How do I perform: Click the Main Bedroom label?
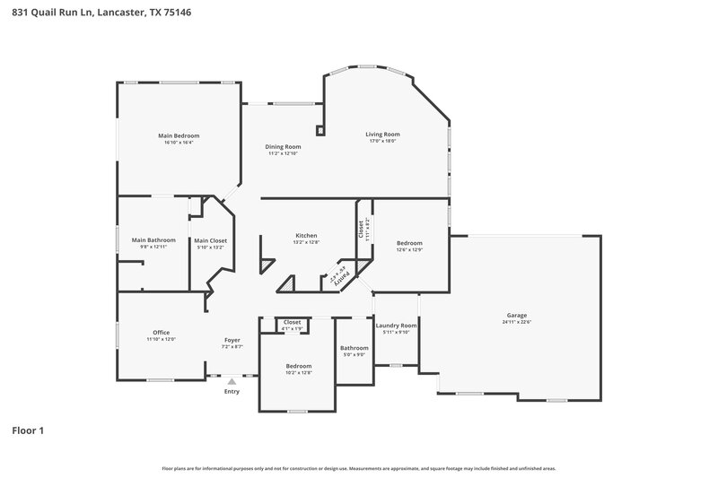point(179,135)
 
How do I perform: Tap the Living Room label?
point(382,134)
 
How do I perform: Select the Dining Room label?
point(282,146)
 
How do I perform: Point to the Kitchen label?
point(305,236)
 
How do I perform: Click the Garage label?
point(516,315)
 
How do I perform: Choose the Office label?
point(161,333)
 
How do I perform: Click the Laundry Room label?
point(396,326)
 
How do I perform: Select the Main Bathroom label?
point(153,240)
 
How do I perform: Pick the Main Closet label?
point(210,240)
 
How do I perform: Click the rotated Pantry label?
point(339,274)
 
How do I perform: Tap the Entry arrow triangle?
point(232,382)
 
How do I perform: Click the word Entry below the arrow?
point(232,391)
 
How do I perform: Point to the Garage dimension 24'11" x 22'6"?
point(516,322)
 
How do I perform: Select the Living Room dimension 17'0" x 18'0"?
point(382,141)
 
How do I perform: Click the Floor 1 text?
point(28,431)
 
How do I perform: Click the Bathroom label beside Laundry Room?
point(354,348)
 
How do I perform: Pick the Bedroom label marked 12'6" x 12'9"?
point(409,242)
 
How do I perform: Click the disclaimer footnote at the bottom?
point(359,468)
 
